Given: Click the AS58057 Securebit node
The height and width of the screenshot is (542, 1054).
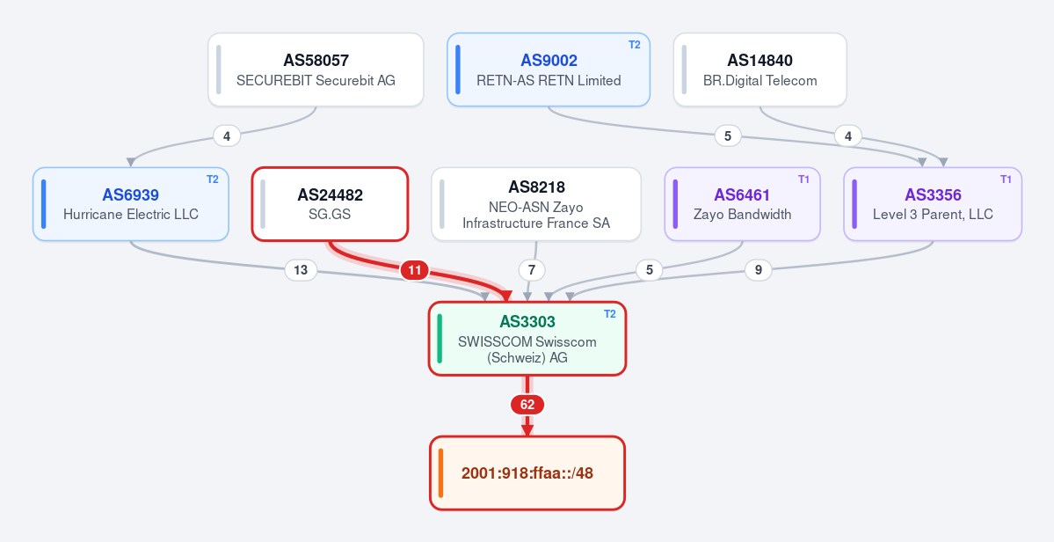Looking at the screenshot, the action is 316,70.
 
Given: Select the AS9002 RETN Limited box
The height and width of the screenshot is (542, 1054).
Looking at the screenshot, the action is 549,70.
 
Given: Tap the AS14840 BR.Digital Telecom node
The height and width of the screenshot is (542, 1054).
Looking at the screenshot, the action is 760,70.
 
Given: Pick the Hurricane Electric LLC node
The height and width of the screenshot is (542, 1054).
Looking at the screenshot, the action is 131,204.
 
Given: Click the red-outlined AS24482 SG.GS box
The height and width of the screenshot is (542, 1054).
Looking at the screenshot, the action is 330,204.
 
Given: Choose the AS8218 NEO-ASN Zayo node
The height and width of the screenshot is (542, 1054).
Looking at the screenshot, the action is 536,204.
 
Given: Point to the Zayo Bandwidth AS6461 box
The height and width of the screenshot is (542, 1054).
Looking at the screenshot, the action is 743,204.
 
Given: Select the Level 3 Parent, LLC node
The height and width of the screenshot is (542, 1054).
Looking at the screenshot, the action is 933,204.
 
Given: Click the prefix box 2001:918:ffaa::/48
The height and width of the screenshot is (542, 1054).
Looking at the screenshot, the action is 527,472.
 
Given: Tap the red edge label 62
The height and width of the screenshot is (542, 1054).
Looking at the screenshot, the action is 527,405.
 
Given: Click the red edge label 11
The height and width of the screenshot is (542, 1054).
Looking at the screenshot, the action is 415,270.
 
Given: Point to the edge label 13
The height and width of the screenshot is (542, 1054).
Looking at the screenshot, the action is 301,269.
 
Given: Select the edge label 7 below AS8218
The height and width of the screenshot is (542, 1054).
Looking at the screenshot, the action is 532,269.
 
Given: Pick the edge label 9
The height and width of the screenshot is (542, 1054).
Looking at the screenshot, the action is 759,269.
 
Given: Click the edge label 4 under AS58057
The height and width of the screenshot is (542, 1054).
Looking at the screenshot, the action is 227,135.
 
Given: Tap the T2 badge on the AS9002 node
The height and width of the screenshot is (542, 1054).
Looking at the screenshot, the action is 635,45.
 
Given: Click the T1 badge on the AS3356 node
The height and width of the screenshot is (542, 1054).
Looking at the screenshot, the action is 1007,179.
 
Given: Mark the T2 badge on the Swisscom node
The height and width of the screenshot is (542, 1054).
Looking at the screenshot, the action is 610,314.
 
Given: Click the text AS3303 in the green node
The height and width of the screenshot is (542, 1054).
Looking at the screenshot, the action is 527,322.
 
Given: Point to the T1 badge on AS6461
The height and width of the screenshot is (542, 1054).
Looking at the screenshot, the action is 804,179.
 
